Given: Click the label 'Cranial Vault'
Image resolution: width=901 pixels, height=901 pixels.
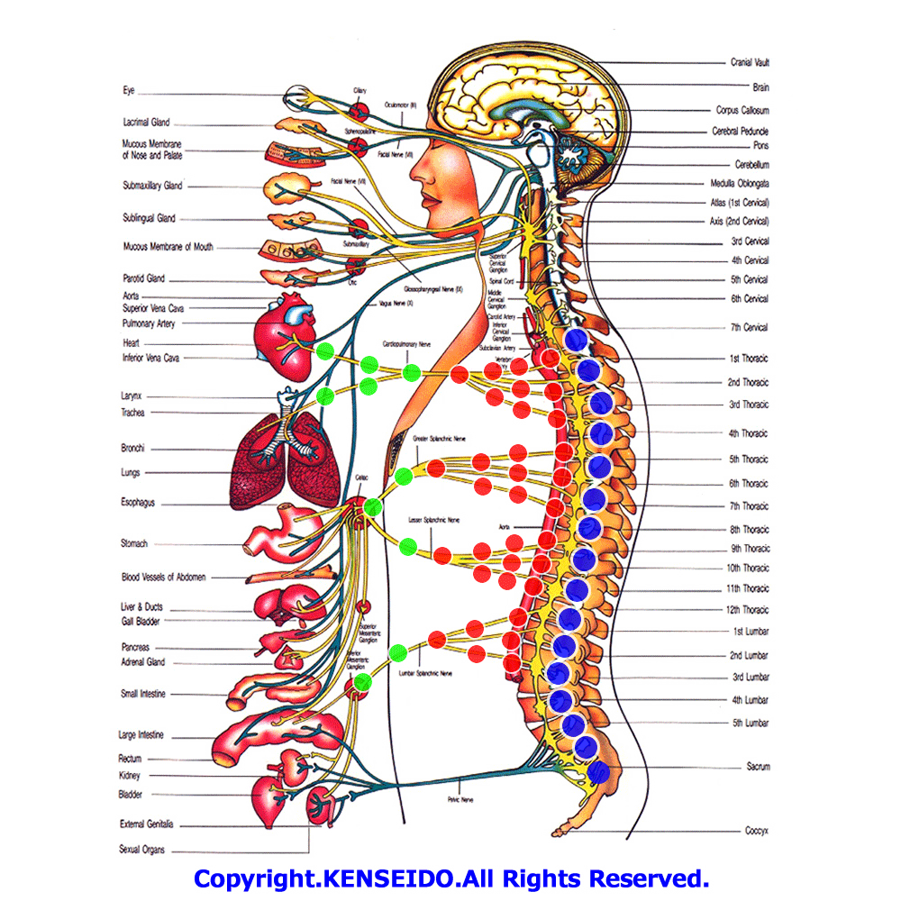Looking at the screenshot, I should (x=750, y=63).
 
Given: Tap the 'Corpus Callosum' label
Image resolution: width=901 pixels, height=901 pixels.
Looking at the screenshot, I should (x=742, y=110).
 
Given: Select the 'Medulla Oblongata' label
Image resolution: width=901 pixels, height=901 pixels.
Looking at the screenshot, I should (x=738, y=183).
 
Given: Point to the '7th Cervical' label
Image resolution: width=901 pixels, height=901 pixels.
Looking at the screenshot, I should (x=750, y=327).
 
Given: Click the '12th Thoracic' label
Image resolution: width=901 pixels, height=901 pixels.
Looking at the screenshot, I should (x=749, y=610).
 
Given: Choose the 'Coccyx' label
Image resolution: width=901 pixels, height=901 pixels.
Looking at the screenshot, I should (x=756, y=831).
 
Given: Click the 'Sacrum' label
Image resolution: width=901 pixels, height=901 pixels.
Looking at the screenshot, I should (x=757, y=767).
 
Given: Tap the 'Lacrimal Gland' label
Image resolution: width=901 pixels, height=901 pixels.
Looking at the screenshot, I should (x=146, y=123).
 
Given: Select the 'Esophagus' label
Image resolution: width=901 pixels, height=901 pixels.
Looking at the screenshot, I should (x=138, y=502).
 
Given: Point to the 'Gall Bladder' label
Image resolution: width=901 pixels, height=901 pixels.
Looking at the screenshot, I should (x=141, y=621).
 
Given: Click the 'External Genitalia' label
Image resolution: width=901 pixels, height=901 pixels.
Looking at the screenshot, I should (x=147, y=824).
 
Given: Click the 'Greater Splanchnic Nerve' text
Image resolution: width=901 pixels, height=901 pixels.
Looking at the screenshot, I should (x=440, y=439).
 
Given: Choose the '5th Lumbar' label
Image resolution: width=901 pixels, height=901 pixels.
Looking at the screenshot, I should (x=750, y=723).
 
